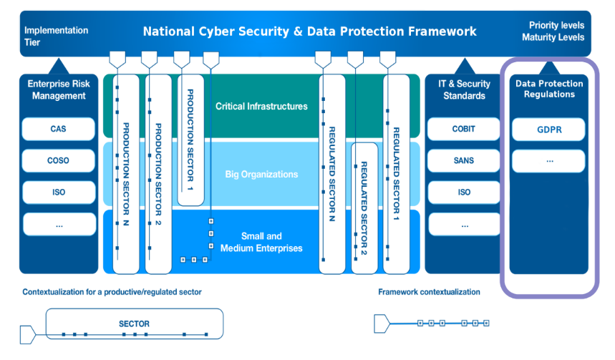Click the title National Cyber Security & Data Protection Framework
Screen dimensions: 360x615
[309, 31]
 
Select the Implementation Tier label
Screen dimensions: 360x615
[56, 36]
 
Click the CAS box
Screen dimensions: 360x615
[59, 130]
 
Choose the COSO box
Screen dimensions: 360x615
[59, 161]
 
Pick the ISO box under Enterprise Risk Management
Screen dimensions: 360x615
[59, 193]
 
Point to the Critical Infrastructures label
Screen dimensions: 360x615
[261, 107]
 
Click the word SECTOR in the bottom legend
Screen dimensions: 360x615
[134, 324]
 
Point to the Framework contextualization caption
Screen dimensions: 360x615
[429, 292]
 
